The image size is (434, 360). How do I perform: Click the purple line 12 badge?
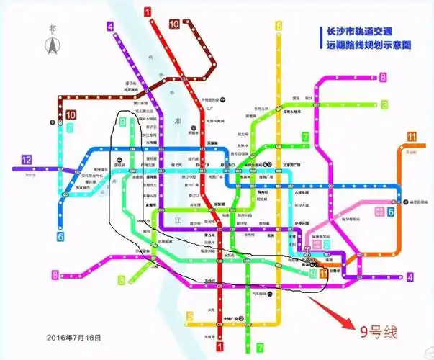pyautogui.click(x=27, y=159)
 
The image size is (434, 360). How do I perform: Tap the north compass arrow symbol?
pyautogui.click(x=52, y=45)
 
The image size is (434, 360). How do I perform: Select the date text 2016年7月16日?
pyautogui.click(x=75, y=337)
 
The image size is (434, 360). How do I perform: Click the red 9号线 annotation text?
pyautogui.click(x=379, y=330)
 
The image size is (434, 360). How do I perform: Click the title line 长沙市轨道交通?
pyautogui.click(x=365, y=32)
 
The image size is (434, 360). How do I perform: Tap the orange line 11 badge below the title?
pyautogui.click(x=411, y=138)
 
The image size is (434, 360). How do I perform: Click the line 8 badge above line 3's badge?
pyautogui.click(x=384, y=78)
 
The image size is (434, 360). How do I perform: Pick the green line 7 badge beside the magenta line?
pyautogui.click(x=306, y=136)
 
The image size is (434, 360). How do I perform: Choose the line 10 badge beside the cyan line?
pyautogui.click(x=71, y=114)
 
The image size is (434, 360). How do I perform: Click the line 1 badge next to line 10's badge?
pyautogui.click(x=148, y=11)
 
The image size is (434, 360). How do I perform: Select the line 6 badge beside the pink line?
pyautogui.click(x=391, y=211)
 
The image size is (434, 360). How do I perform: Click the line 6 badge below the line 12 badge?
pyautogui.click(x=60, y=235)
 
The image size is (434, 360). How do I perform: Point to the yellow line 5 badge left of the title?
pyautogui.click(x=278, y=27)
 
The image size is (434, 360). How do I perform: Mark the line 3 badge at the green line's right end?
pyautogui.click(x=384, y=105)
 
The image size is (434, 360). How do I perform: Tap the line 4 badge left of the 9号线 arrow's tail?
pyautogui.click(x=410, y=277)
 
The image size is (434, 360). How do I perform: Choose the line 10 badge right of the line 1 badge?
pyautogui.click(x=173, y=24)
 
